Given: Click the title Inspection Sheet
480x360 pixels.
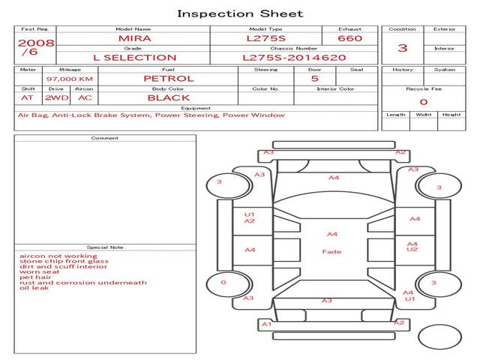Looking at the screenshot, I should (240, 13).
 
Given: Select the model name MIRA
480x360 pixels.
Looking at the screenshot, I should (134, 38).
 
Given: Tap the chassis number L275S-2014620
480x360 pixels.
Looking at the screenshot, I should (294, 57).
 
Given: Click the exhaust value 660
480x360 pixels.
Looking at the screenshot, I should (349, 38).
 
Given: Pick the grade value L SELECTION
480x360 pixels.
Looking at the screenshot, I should (134, 57).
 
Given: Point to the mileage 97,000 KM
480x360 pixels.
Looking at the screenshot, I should (69, 79).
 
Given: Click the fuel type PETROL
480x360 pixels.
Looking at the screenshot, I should (168, 78).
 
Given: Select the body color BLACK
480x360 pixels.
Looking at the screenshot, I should (168, 97).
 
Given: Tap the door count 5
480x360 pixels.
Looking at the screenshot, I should (314, 78).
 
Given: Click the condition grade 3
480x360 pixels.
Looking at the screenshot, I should (403, 48).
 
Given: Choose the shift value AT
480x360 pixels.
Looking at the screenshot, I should (27, 97).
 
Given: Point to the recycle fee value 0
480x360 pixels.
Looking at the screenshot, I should (423, 101).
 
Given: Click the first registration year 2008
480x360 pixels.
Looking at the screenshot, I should (36, 43).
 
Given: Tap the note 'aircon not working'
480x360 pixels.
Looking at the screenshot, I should (49, 256).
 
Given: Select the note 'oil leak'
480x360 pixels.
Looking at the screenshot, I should (34, 288).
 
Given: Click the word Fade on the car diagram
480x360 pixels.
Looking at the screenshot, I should (331, 252).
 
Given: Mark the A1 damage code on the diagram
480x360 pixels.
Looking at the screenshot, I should (265, 324).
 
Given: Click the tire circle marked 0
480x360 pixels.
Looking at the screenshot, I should (223, 283).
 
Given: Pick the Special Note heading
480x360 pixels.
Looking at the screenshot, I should (105, 247).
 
